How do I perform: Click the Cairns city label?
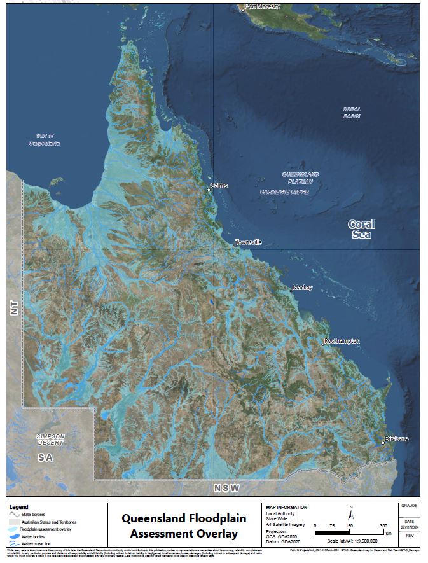pos(219,186)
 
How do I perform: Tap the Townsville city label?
pos(248,242)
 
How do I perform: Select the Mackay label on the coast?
pos(302,288)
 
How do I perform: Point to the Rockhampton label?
pos(342,341)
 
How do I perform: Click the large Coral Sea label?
pos(361,229)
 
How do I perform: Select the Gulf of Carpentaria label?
pos(48,139)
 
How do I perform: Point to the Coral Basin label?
pos(351,113)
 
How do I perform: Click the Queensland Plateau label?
pos(300,177)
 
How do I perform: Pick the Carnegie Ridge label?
pos(284,191)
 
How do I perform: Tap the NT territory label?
pos(15,306)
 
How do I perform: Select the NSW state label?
pos(226,488)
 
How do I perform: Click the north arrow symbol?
pos(350,512)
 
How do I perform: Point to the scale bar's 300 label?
pos(383,525)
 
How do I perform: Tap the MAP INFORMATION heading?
pos(286,507)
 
